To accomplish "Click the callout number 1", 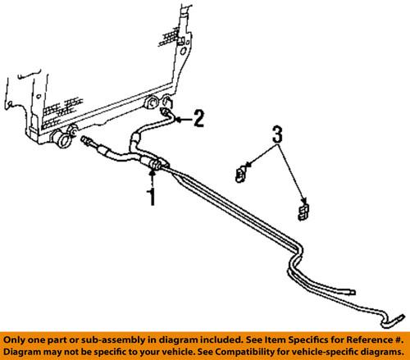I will (150, 197).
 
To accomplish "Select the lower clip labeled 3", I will (304, 211).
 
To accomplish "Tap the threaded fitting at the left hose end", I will (88, 144).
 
